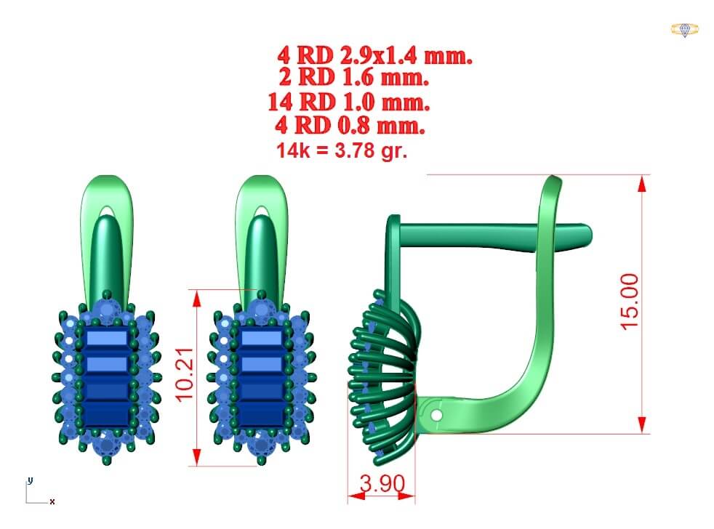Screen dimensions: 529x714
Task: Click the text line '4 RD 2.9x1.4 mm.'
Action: point(374,55)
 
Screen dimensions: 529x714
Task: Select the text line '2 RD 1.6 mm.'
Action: point(353,77)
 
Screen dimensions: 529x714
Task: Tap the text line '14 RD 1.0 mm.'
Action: point(348,102)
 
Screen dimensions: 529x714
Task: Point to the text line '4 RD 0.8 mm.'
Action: point(350,125)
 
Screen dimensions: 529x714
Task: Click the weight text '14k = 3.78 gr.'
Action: point(342,151)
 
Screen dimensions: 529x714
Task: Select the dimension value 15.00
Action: point(630,301)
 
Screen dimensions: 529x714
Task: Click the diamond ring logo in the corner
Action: point(684,30)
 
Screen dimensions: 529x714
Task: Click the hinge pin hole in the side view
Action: point(436,415)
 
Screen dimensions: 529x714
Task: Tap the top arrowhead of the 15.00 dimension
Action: point(641,183)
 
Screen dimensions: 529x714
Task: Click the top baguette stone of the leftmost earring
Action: point(108,338)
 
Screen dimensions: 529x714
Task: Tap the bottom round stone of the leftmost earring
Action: point(108,443)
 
